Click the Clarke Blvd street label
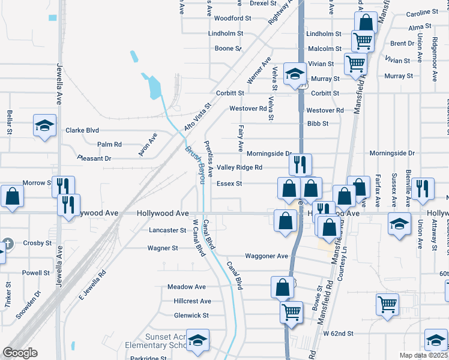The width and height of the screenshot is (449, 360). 82,130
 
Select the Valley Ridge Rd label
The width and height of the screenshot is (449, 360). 240,167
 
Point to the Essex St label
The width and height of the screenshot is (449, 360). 229,184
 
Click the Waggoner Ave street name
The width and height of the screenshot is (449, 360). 267,256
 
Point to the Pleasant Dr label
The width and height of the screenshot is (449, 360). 95,158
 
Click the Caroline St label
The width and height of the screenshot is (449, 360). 422,13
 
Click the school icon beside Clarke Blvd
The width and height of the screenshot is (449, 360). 44,126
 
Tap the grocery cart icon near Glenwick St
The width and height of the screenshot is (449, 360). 291,311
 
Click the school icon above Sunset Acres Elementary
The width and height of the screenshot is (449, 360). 197,340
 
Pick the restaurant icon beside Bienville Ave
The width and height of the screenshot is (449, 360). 423,188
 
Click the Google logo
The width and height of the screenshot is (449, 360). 20,353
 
